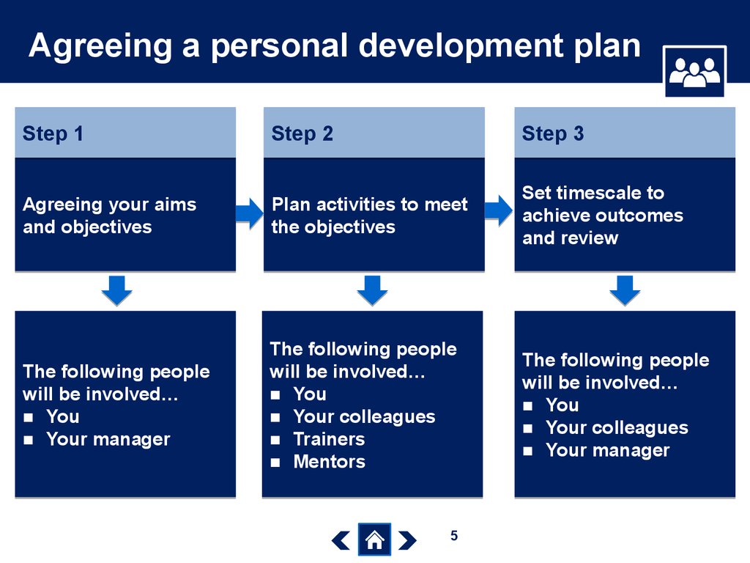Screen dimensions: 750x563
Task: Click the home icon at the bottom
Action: (x=374, y=540)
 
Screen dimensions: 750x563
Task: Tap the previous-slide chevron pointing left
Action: (x=341, y=540)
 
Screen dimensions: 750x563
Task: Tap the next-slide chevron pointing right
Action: (x=407, y=540)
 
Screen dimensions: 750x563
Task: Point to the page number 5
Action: (x=454, y=535)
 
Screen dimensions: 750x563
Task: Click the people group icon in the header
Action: (x=694, y=72)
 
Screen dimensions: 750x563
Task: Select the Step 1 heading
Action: (x=53, y=133)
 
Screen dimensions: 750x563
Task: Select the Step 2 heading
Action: (x=302, y=133)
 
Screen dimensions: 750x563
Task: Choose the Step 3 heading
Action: (x=552, y=133)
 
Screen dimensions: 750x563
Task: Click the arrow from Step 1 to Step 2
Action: (x=249, y=213)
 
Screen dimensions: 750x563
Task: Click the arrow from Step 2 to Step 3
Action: (x=499, y=210)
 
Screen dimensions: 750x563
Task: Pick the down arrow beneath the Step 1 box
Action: (x=116, y=290)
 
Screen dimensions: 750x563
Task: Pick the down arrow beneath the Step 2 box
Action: (x=373, y=290)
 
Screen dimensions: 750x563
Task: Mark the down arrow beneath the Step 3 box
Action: (x=625, y=290)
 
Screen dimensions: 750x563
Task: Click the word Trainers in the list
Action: (x=329, y=439)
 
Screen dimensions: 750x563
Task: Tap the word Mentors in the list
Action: (x=329, y=462)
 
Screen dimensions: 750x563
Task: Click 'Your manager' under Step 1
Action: (x=108, y=440)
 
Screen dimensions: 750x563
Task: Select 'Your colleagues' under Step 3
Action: (x=617, y=428)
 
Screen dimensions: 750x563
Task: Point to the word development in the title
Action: (x=461, y=47)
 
